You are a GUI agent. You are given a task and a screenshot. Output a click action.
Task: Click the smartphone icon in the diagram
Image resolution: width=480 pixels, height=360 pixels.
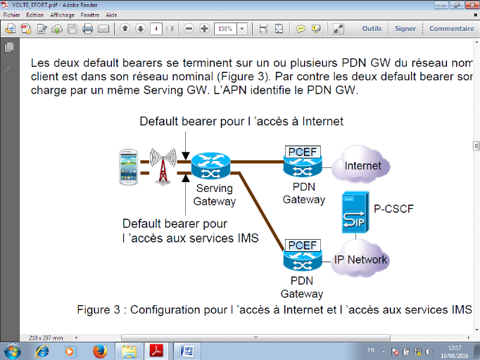[130, 167]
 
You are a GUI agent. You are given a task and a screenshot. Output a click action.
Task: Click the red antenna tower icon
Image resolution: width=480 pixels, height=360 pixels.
[162, 166]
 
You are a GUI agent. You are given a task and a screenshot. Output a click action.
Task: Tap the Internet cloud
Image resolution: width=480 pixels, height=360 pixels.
[363, 166]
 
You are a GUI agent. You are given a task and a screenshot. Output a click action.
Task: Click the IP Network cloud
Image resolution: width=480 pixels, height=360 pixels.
[361, 259]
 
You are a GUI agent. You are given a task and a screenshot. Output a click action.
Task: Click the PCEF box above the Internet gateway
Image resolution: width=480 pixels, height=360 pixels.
[303, 151]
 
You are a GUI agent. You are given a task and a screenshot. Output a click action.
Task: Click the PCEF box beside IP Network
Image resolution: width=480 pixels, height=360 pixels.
[303, 245]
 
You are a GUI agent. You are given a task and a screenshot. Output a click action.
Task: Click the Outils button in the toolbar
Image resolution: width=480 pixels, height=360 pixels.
[372, 29]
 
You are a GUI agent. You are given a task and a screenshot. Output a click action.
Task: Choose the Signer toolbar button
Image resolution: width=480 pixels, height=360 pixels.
[405, 29]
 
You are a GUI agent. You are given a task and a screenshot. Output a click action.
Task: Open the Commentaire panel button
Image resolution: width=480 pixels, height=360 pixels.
[451, 29]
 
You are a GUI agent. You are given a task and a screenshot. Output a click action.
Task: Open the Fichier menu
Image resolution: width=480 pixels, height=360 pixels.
[11, 14]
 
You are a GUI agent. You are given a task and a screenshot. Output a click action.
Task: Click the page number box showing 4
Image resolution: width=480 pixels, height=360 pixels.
[156, 29]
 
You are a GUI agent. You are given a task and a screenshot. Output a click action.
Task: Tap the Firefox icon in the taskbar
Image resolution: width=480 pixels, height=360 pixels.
[99, 350]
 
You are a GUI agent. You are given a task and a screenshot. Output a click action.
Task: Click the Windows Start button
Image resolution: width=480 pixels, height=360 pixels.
[13, 350]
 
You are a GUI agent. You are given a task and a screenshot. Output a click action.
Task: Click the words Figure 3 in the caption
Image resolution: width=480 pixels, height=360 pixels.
[100, 310]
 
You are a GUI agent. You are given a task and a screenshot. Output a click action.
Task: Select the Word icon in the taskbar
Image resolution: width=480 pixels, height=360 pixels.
[187, 350]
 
